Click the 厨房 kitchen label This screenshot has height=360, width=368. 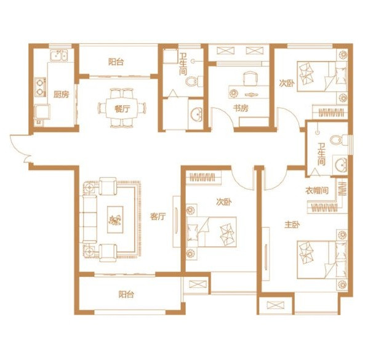(62, 95)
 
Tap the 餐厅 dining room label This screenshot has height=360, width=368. (122, 109)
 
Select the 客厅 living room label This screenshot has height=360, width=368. (158, 217)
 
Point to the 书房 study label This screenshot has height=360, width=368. (241, 108)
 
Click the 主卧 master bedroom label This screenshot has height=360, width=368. (292, 225)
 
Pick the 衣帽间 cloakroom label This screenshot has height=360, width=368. (316, 191)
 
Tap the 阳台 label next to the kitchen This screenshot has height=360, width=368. (116, 62)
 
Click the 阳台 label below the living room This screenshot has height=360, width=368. (126, 294)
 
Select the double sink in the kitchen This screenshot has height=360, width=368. (58, 55)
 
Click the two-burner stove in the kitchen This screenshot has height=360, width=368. (41, 87)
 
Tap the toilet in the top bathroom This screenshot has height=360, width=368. (194, 81)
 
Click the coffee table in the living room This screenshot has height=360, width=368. (115, 220)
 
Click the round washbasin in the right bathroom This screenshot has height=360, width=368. (340, 165)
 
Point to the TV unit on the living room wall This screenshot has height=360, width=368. (177, 222)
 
